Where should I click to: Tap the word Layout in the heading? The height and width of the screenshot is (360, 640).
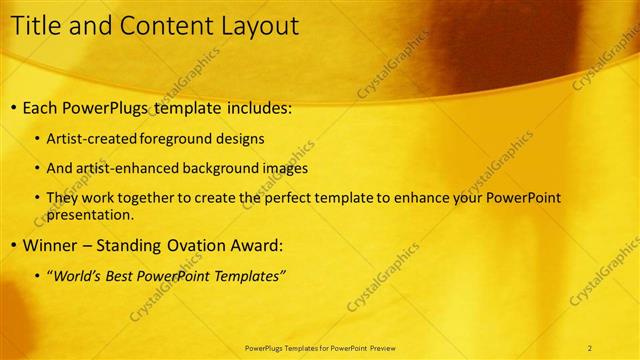point(258,27)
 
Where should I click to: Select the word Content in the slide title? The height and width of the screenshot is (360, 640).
point(162,27)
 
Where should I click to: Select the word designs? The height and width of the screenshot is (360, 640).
point(246,139)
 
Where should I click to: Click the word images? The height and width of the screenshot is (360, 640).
point(285,169)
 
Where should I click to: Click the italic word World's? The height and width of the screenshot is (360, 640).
point(78,275)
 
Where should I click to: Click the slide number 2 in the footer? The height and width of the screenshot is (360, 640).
point(590,347)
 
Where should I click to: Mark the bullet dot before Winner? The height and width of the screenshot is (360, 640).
point(12,245)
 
